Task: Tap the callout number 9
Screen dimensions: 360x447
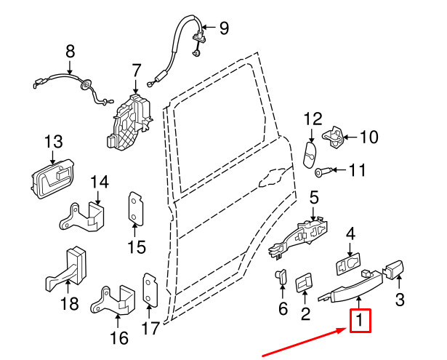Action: coord(223,28)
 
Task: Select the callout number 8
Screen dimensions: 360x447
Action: coord(70,52)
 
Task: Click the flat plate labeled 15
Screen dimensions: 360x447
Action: coord(136,209)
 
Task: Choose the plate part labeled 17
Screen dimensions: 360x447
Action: coord(150,291)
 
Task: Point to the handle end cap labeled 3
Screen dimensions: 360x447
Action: coord(395,271)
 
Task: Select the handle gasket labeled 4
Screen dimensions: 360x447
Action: coord(349,263)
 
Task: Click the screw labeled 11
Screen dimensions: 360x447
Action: coord(326,172)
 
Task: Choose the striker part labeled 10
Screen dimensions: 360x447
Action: coord(336,136)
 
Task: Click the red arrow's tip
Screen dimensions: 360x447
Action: coord(345,329)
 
